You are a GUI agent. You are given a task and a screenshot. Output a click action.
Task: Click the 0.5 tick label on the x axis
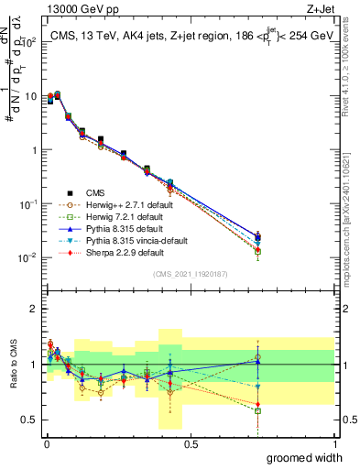(x=191, y=443)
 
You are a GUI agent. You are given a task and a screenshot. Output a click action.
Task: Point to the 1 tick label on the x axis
(x=335, y=443)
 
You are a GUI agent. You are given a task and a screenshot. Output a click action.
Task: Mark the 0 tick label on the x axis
(x=47, y=443)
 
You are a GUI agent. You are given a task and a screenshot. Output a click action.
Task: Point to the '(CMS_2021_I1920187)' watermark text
(x=190, y=273)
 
